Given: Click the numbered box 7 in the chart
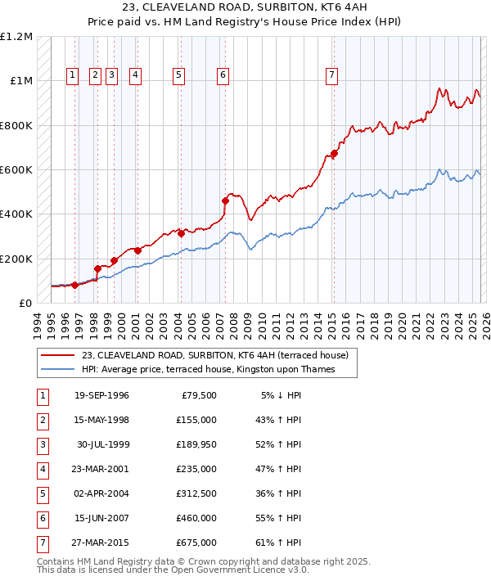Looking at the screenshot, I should coord(331,75).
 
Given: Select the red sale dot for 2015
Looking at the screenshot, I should coord(334,153).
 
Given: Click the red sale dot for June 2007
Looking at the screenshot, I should coord(225,200).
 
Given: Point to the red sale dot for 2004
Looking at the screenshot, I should coord(181,233).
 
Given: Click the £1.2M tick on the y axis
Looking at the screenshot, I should coord(16,37).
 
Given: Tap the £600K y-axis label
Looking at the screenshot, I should coord(16,170).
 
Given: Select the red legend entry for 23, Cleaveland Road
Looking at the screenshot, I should coord(215,355).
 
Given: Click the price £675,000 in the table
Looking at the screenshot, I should coord(196,543).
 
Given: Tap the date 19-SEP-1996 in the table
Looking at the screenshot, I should coord(101,395).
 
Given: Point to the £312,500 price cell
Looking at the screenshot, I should coord(196,493).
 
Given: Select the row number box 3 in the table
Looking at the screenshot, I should coord(41,444).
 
